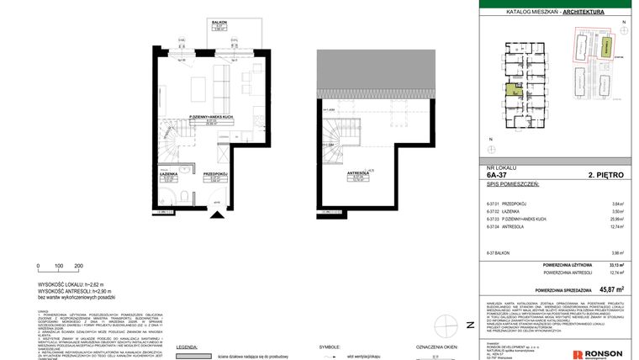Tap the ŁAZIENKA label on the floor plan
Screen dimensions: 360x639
click(168, 174)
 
